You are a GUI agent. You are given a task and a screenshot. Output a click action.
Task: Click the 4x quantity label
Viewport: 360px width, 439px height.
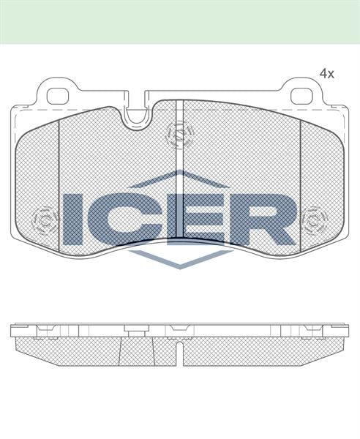(x=326, y=74)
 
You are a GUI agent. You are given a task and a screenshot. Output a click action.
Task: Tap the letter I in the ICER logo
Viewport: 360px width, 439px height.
(x=73, y=219)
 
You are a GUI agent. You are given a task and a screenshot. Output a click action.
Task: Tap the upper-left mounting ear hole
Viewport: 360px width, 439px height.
(x=59, y=95)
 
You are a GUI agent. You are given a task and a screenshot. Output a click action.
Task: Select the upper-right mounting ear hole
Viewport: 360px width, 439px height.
(x=301, y=95)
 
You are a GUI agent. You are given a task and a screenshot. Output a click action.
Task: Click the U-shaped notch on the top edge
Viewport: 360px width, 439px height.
(x=137, y=116)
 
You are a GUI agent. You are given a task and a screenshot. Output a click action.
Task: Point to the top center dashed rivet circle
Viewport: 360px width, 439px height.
(x=179, y=133)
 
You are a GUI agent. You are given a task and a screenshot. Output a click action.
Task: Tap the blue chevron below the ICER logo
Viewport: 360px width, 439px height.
(x=180, y=257)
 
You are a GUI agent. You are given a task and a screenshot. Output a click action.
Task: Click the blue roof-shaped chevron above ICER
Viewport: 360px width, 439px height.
(x=180, y=179)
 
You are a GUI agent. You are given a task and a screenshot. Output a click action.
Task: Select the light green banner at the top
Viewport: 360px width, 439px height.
(x=180, y=21)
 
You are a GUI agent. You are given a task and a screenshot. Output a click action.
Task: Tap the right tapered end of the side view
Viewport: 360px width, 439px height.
(x=337, y=348)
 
